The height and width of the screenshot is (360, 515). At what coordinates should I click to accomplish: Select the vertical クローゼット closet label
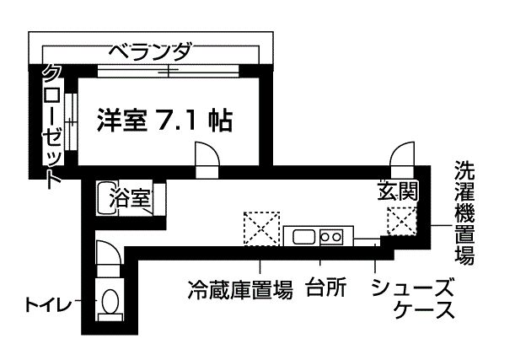point(53,124)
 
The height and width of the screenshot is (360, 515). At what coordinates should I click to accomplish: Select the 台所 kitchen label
point(326,287)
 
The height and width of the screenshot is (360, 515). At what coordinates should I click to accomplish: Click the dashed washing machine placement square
point(402,224)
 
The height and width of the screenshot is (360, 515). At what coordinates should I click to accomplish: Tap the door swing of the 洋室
point(207,158)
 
